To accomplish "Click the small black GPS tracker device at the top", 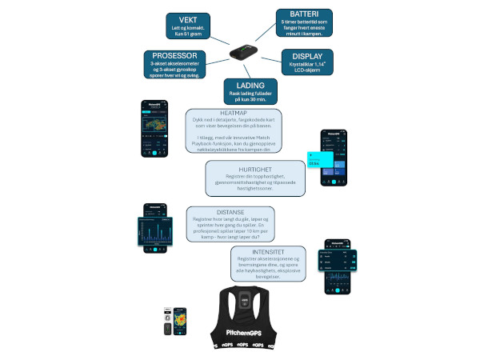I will pyautogui.click(x=243, y=50).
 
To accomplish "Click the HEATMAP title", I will pyautogui.click(x=232, y=113).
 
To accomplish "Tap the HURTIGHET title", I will pyautogui.click(x=258, y=167).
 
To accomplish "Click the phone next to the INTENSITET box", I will pyautogui.click(x=337, y=269).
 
